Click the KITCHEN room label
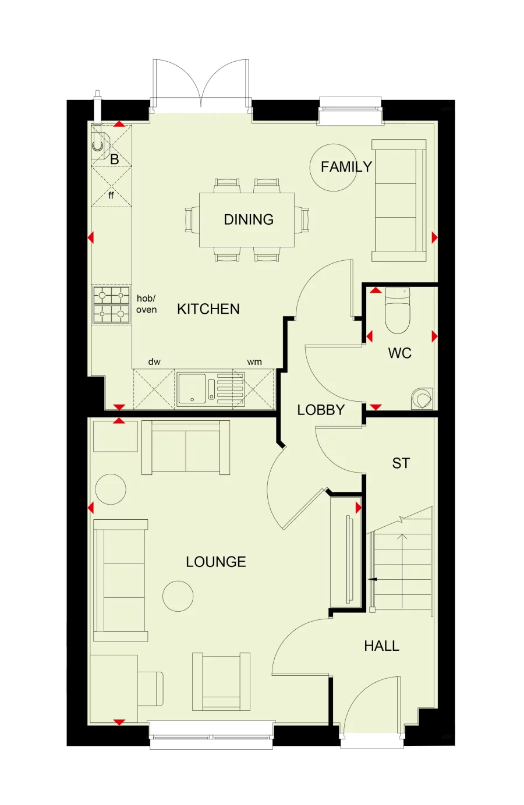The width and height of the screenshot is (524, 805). (208, 309)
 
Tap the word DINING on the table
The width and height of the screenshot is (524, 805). (249, 219)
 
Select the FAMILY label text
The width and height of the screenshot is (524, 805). (346, 166)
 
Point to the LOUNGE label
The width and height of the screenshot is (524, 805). (215, 562)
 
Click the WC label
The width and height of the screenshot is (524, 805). (399, 353)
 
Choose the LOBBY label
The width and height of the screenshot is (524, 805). (321, 410)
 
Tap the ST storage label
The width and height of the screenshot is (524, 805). (401, 463)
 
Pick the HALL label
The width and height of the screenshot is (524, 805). (382, 646)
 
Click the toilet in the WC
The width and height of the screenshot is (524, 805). (397, 310)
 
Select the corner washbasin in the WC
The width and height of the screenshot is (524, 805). (423, 398)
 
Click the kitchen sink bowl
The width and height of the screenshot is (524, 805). (192, 388)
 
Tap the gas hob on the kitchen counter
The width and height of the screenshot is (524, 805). (111, 304)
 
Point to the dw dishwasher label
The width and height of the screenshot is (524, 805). (154, 362)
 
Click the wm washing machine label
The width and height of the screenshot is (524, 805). (254, 362)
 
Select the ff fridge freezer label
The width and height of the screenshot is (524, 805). (111, 195)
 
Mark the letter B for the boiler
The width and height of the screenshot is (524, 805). (114, 159)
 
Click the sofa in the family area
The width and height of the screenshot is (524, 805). (399, 200)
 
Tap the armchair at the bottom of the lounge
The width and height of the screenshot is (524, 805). (221, 682)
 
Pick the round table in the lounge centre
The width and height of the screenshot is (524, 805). (178, 596)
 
